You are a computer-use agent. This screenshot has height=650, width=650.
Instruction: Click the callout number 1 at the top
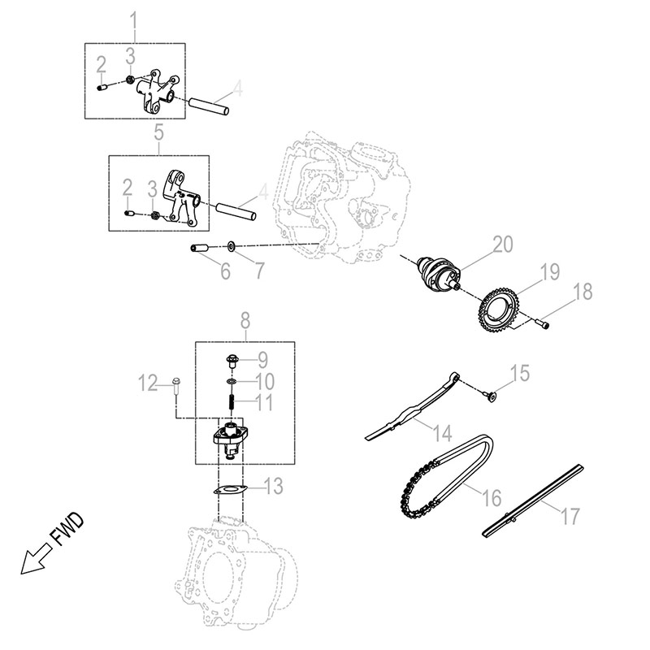(135, 17)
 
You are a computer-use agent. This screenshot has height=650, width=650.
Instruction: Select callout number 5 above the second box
(159, 130)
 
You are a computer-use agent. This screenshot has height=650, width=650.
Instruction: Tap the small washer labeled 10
(232, 380)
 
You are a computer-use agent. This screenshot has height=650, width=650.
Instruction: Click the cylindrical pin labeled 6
(201, 249)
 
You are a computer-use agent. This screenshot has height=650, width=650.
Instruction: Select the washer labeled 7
(232, 245)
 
